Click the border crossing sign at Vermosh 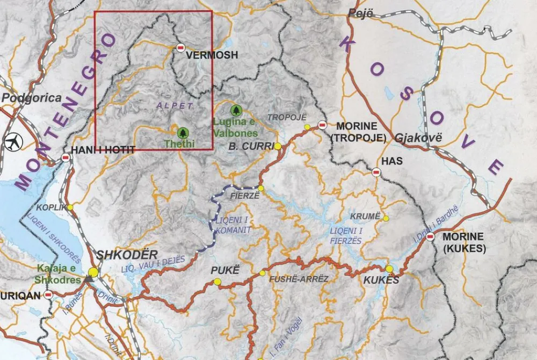point(180,48)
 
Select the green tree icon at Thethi point(183,132)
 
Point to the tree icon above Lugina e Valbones point(235,111)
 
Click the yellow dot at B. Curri point(278,146)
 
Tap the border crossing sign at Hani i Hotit point(66,158)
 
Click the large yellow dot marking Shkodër point(93,272)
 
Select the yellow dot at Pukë point(217,282)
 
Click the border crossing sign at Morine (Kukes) point(431,236)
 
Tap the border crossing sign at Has point(376,172)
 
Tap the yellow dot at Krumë point(386,218)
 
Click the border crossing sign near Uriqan point(48,294)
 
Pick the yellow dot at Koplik point(70,207)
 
